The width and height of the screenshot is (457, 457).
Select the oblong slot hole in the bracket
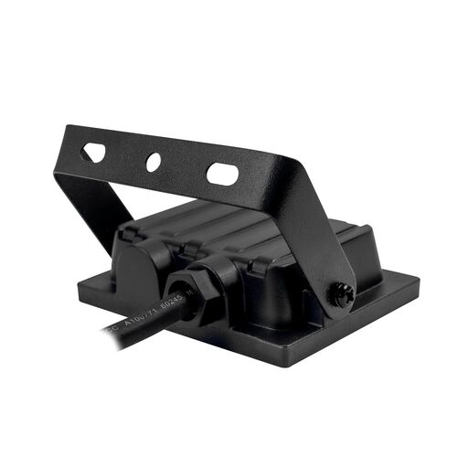pyautogui.click(x=222, y=173)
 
